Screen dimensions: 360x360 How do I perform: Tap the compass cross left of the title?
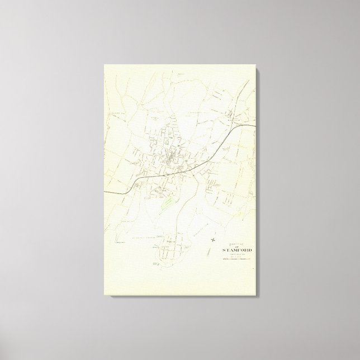click(x=214, y=241)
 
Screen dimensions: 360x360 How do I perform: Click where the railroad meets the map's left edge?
click(x=105, y=191)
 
